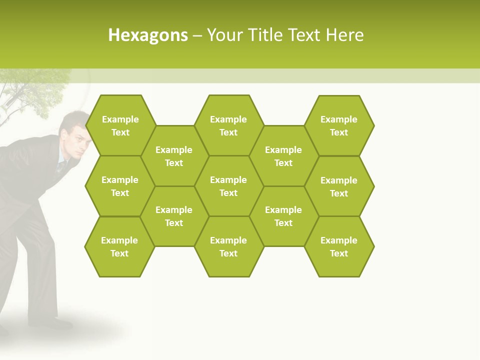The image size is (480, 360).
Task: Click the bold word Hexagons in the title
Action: [148, 35]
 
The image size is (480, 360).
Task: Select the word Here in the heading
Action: [344, 35]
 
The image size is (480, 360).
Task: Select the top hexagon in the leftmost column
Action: [120, 125]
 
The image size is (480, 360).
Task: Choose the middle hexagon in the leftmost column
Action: [120, 186]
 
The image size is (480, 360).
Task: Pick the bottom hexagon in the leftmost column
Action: [119, 246]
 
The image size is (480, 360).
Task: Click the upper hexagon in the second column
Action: [174, 156]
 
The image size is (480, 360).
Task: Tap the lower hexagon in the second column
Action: [174, 216]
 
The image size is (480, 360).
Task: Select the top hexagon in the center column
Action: [228, 125]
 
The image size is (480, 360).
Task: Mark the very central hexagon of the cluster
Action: [228, 186]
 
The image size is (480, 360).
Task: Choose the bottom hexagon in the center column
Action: [228, 246]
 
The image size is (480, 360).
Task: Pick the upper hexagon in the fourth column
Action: [283, 156]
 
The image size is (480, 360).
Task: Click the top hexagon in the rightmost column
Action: [339, 125]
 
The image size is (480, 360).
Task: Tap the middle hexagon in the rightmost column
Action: [339, 186]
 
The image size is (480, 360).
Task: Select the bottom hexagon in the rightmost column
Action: [339, 246]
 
